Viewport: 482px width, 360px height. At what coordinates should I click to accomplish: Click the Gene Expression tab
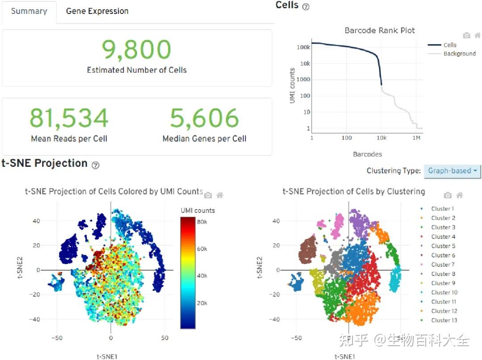pos(97,12)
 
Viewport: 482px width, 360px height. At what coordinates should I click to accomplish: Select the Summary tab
pos(29,12)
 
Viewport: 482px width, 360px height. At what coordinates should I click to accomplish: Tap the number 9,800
pos(137,50)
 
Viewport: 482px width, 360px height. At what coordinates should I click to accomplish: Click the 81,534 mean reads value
pos(69,118)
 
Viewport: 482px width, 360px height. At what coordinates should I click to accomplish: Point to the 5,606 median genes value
pos(204,118)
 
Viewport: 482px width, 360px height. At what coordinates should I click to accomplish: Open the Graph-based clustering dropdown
pos(452,170)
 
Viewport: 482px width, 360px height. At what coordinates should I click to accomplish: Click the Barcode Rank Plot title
pos(379,31)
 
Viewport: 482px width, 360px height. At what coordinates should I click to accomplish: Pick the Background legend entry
pos(459,54)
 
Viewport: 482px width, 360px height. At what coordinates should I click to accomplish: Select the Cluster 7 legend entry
pos(443,265)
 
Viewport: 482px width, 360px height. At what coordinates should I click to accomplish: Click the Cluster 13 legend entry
pos(444,320)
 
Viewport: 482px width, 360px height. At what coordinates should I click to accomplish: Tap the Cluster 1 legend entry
pos(442,209)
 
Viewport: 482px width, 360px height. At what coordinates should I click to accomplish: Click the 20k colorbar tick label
pos(202,303)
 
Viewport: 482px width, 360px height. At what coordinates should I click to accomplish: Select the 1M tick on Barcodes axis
pos(416,138)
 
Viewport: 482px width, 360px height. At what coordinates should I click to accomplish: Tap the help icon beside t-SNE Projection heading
pos(96,165)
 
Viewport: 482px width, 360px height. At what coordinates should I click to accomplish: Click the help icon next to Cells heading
pos(306,7)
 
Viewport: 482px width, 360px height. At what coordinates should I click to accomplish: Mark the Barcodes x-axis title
pos(367,154)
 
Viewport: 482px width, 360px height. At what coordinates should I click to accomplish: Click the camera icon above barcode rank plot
pos(466,36)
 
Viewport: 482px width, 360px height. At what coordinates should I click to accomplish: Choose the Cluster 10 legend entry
pos(444,293)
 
